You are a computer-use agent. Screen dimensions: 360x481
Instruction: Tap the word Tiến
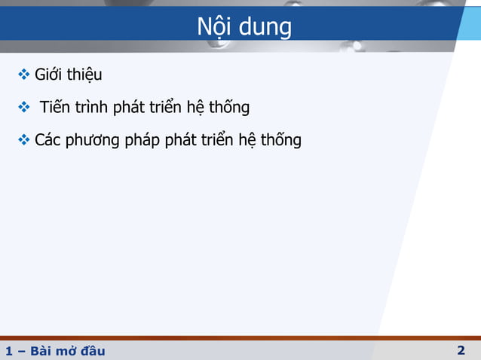[56, 107]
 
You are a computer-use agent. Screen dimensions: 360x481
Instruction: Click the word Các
[49, 140]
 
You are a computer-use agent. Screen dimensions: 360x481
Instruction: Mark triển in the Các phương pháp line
[218, 141]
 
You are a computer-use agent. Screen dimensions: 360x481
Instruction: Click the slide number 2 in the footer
[461, 350]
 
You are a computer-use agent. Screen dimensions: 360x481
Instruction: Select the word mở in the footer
[65, 352]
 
